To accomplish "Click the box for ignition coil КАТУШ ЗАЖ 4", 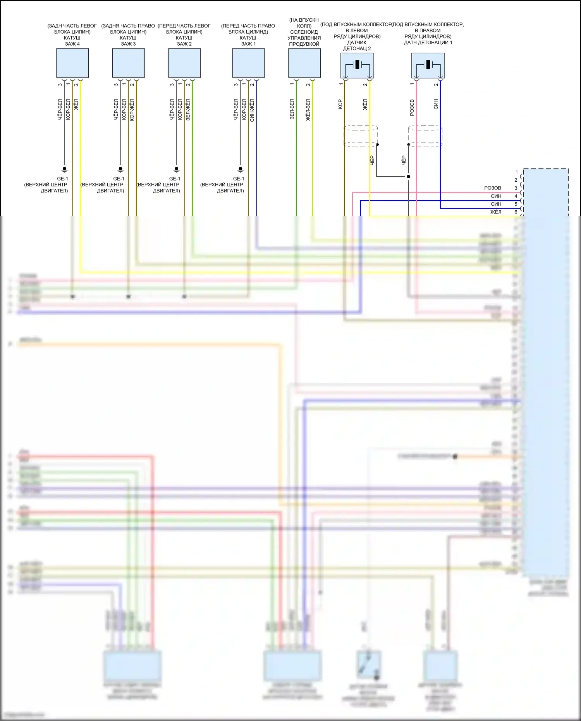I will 72,63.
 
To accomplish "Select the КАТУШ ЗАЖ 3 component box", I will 128,63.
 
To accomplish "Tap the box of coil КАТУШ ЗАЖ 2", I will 184,63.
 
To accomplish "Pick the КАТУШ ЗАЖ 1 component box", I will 248,63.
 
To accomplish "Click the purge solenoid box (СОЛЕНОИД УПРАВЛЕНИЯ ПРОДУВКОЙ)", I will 304,63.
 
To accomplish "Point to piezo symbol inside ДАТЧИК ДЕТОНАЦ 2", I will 357,65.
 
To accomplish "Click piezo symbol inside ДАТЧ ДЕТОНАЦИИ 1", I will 428,65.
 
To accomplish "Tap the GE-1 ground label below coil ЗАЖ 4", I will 62,179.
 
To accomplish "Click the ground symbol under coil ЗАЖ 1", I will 240,169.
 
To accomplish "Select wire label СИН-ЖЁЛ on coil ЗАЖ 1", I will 252,110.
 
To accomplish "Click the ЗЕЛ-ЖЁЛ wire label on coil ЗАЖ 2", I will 188,110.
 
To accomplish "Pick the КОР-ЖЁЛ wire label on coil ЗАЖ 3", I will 132,110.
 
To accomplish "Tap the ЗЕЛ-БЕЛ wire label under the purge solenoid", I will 292,109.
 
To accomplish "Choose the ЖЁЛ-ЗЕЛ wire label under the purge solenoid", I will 308,110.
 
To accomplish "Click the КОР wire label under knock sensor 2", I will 340,104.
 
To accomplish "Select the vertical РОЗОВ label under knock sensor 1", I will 412,107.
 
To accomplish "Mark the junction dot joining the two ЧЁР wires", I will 408,177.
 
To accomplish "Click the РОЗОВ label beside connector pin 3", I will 492,188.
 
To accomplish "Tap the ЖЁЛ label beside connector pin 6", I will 496,212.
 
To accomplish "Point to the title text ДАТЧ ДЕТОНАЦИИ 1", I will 428,43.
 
